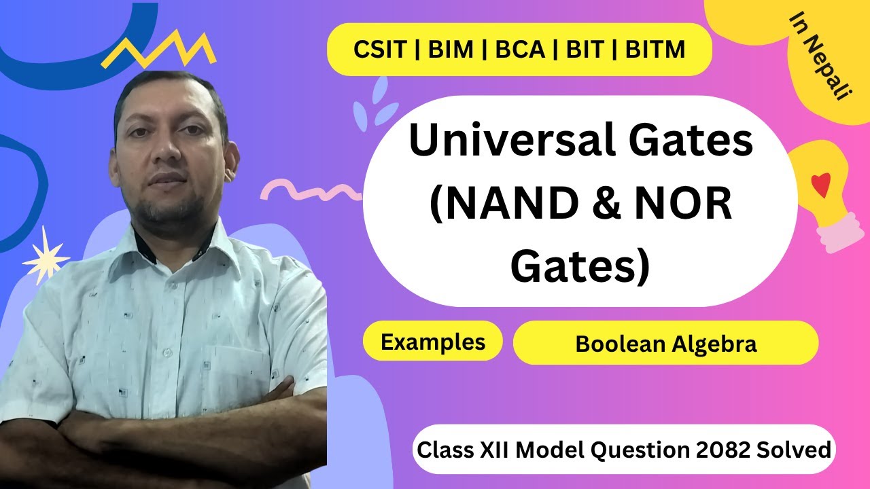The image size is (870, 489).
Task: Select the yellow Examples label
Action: tap(433, 342)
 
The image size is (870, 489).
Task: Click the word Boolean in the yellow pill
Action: tap(619, 344)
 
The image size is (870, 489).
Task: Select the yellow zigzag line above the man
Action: tap(158, 50)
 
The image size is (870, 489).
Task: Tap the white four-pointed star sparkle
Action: tap(46, 256)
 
